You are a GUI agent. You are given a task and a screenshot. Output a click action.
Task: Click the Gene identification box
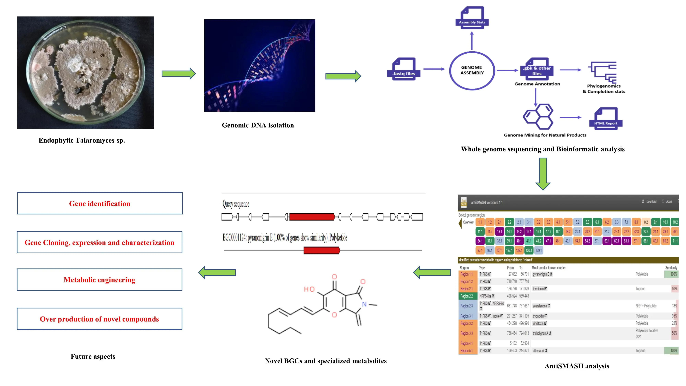tap(100, 203)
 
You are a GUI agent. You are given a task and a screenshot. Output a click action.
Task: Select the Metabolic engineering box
tap(100, 279)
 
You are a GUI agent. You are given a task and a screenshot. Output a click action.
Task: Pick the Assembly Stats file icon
tap(472, 17)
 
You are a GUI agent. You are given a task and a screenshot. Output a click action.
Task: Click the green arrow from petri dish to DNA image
tap(179, 74)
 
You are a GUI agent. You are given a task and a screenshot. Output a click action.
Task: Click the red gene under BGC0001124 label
tap(322, 250)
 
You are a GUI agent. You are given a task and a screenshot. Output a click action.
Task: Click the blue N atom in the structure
tap(364, 304)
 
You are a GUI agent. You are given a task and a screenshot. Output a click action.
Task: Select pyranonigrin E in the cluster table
tap(541, 274)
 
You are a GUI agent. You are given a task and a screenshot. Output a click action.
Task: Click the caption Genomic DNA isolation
tap(258, 125)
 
